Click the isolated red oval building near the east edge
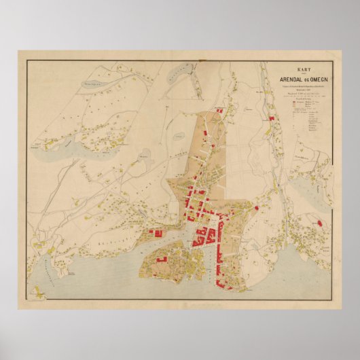(x=317, y=221)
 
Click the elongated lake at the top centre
(x=181, y=71)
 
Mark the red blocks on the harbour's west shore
(x=156, y=232)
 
